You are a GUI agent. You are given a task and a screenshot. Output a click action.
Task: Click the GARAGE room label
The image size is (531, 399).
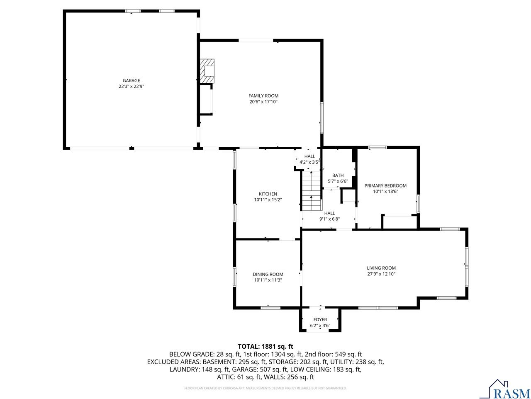point(131,81)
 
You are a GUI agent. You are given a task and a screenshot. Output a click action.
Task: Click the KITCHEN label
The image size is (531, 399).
point(268,194)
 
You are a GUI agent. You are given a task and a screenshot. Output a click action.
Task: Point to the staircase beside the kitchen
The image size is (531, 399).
point(311,192)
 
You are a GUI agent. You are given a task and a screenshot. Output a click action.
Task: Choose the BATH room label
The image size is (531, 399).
point(338,175)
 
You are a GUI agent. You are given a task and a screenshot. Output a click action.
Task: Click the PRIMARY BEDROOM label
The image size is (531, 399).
point(385,186)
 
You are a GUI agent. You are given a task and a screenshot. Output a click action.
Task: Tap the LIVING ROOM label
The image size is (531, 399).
point(381,268)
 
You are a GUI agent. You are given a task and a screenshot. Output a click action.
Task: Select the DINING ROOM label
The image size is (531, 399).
point(268,274)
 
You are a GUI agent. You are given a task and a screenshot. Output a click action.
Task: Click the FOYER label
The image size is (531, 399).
point(320,320)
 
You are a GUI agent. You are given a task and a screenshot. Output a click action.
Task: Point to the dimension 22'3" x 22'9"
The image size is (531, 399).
point(131,86)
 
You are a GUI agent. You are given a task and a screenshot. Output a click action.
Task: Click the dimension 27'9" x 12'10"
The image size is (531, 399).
point(381,274)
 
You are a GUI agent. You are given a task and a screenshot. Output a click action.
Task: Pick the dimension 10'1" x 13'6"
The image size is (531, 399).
point(385,192)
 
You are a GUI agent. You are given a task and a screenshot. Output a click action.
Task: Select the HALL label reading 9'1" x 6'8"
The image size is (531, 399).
point(329,216)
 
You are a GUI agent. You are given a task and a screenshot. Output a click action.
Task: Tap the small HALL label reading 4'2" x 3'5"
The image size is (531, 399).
point(309,159)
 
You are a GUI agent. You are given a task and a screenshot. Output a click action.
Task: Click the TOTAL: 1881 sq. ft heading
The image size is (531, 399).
point(265,346)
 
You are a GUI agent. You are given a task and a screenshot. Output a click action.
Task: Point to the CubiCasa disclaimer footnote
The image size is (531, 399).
point(265,388)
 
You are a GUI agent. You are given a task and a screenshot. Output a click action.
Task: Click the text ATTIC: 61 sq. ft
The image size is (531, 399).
point(238,377)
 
